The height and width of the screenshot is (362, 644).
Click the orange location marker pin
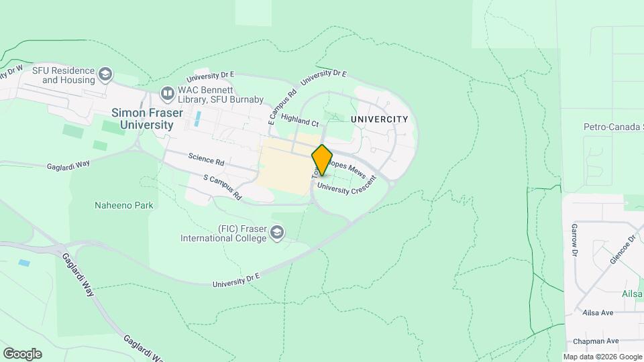(x=322, y=160)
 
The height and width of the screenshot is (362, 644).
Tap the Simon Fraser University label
(x=142, y=119)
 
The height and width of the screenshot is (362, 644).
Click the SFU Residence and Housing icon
(x=105, y=74)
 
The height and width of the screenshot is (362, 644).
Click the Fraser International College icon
(x=277, y=233)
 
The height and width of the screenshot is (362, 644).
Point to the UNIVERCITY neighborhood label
(x=379, y=119)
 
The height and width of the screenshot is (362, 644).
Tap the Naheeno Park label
(x=124, y=205)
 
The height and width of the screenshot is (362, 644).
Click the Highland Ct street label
(x=300, y=121)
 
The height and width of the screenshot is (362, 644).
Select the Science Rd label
(x=206, y=160)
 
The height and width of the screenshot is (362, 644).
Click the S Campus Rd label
(x=222, y=188)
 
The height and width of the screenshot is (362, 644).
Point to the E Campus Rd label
(x=282, y=108)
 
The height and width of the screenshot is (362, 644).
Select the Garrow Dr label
(x=575, y=240)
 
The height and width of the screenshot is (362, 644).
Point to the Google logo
(x=22, y=353)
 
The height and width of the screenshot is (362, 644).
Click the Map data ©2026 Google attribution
(x=602, y=357)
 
